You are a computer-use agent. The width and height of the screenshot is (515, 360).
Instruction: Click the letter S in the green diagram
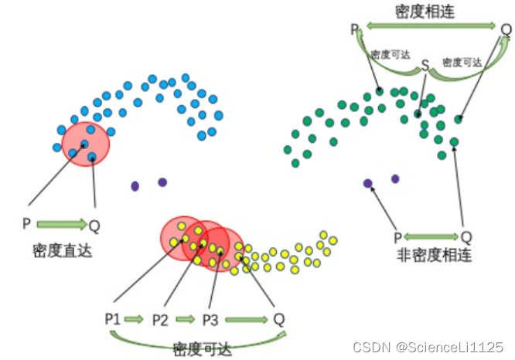[x=425, y=66]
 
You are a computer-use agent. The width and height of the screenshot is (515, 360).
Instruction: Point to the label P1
[x=113, y=318]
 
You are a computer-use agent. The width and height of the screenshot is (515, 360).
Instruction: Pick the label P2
[x=161, y=318]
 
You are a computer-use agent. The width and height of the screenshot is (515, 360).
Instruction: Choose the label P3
[x=210, y=318]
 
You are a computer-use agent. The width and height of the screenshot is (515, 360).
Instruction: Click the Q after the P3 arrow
[x=279, y=318]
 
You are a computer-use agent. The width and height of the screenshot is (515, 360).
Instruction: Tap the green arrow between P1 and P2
[x=136, y=318]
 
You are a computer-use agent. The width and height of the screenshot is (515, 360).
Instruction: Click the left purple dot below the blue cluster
[x=135, y=185]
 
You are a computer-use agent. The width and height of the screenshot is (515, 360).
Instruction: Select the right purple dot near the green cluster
[x=395, y=178]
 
